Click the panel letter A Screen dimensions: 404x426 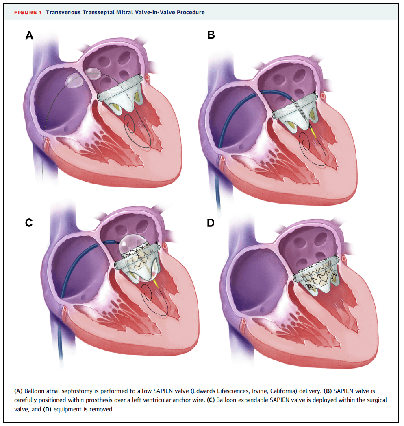29,35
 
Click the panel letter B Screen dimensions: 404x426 211,35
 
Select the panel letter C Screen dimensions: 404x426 29,222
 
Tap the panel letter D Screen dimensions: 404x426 211,223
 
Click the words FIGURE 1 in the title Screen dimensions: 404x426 28,12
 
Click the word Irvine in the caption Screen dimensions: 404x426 260,391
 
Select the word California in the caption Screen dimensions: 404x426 283,391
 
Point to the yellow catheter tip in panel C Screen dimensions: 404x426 156,283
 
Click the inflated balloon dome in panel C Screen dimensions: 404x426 132,243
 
